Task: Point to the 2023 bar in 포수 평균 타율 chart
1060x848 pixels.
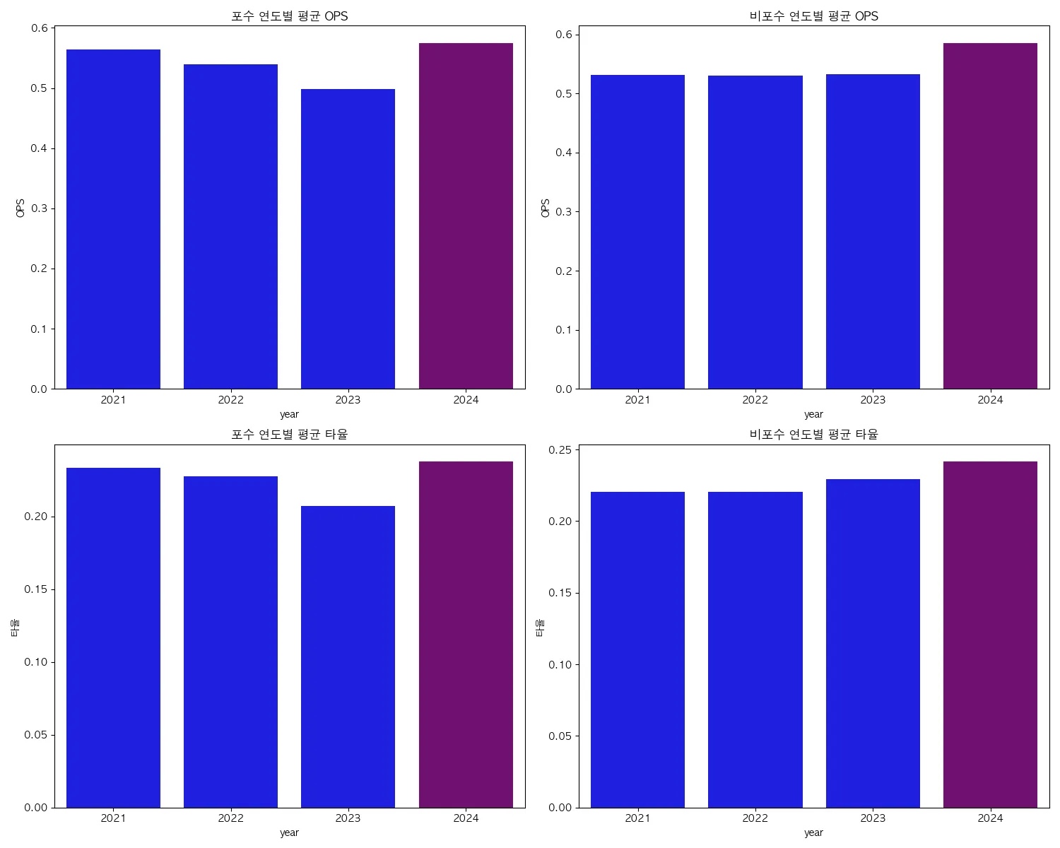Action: [x=348, y=656]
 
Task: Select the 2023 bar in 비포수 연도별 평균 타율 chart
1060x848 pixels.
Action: [x=873, y=643]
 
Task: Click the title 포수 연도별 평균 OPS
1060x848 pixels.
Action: [x=290, y=16]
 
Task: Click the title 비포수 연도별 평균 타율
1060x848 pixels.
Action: [x=813, y=435]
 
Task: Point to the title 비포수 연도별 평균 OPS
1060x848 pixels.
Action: [x=813, y=16]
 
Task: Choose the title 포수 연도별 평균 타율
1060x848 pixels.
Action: [x=290, y=435]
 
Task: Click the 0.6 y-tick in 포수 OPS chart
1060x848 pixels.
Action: [x=40, y=28]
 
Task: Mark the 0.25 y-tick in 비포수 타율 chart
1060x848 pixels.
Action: [x=560, y=449]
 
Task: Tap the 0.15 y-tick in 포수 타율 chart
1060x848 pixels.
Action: [x=35, y=589]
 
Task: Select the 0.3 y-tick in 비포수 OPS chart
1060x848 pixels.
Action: [x=563, y=212]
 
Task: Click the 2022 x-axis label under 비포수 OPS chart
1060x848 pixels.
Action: [x=755, y=400]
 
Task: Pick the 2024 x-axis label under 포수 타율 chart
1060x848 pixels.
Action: [x=466, y=818]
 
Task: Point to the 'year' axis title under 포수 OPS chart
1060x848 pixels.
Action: [x=289, y=414]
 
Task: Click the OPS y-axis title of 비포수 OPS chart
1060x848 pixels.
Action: [x=545, y=208]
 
